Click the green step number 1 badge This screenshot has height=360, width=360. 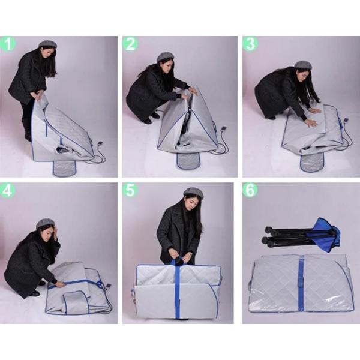coord(8,44)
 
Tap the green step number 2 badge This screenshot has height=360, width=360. coord(130,44)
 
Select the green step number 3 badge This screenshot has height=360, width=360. coord(250,44)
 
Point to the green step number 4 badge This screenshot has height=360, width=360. coord(7,190)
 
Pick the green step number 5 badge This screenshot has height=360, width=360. coord(130,190)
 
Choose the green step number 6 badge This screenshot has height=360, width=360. coord(250,190)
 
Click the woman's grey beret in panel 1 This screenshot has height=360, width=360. coord(47,44)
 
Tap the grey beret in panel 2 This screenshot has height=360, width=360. coord(166,57)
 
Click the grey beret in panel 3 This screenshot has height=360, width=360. coord(303,65)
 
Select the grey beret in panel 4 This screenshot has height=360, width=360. coord(46,223)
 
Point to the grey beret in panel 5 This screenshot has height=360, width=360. coord(194,193)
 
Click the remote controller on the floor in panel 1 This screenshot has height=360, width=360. coord(100,144)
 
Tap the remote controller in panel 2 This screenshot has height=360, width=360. coord(223,129)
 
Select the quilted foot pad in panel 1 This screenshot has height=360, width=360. coord(65,168)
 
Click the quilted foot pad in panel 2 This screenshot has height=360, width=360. coord(188,161)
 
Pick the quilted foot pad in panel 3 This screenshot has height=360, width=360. coord(312,161)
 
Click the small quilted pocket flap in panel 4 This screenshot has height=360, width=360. coord(76,302)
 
